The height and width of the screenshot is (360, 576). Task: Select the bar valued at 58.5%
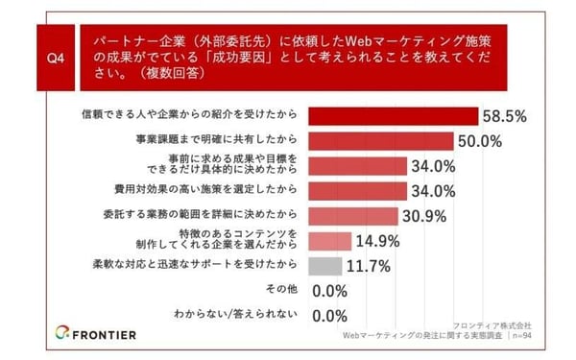coord(394,116)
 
